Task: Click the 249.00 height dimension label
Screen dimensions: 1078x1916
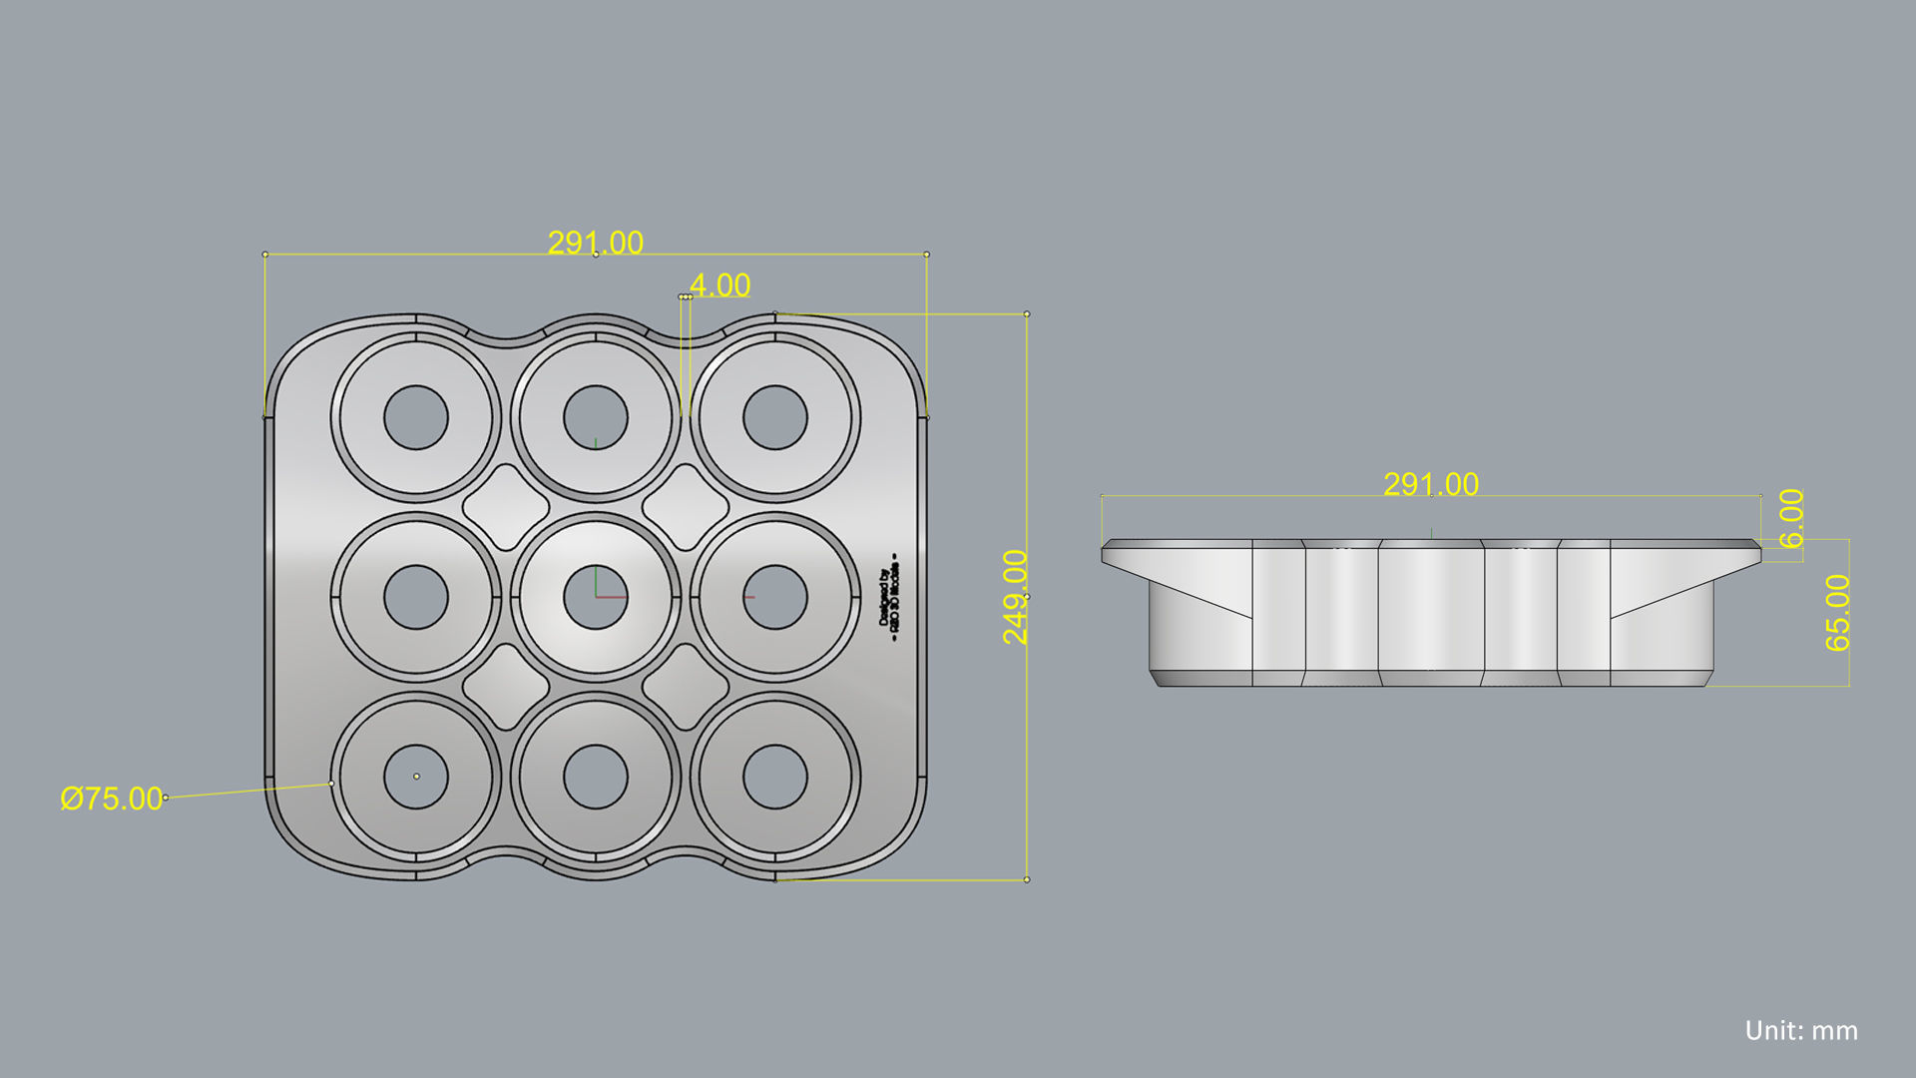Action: coord(1015,597)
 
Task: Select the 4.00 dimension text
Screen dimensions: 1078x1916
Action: coord(719,285)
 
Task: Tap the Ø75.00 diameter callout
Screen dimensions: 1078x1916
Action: coord(111,799)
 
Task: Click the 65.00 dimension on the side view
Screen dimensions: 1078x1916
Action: coord(1837,613)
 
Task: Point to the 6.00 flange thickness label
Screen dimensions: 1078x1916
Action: coord(1791,518)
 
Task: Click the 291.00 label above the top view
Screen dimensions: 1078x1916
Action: coord(596,243)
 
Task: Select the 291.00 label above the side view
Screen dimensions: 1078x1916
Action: coord(1431,484)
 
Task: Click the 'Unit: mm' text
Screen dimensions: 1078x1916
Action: coord(1801,1031)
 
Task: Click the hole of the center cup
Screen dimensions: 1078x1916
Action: coord(596,597)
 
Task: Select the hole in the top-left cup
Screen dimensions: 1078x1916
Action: coord(416,417)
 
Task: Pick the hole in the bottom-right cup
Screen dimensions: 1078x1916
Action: coord(775,777)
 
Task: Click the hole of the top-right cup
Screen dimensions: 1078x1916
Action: coord(775,417)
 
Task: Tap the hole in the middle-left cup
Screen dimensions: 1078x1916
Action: coord(416,597)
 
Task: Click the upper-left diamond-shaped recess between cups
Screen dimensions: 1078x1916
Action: coord(506,507)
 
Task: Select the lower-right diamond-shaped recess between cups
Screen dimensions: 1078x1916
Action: coord(686,687)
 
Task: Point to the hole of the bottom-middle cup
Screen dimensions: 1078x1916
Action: coord(596,777)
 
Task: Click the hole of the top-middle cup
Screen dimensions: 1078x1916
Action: coord(596,417)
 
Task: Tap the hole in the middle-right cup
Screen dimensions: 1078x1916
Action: coord(775,597)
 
